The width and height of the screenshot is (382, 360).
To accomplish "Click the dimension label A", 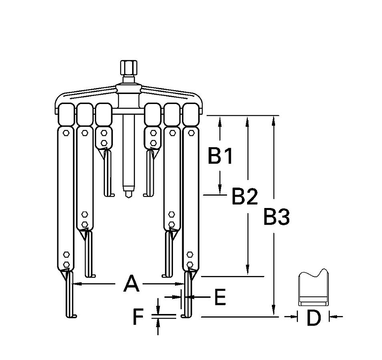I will pyautogui.click(x=131, y=284).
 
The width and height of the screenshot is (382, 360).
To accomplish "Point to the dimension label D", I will pyautogui.click(x=314, y=318).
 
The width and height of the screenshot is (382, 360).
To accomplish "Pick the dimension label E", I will pyautogui.click(x=220, y=297).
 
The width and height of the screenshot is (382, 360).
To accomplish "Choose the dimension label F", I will pyautogui.click(x=138, y=318).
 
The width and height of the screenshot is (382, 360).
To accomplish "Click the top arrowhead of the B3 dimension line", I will pyautogui.click(x=273, y=120).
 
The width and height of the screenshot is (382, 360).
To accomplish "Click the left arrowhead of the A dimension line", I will pyautogui.click(x=75, y=284).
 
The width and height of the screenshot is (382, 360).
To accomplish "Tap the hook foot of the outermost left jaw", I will pyautogui.click(x=72, y=316).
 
